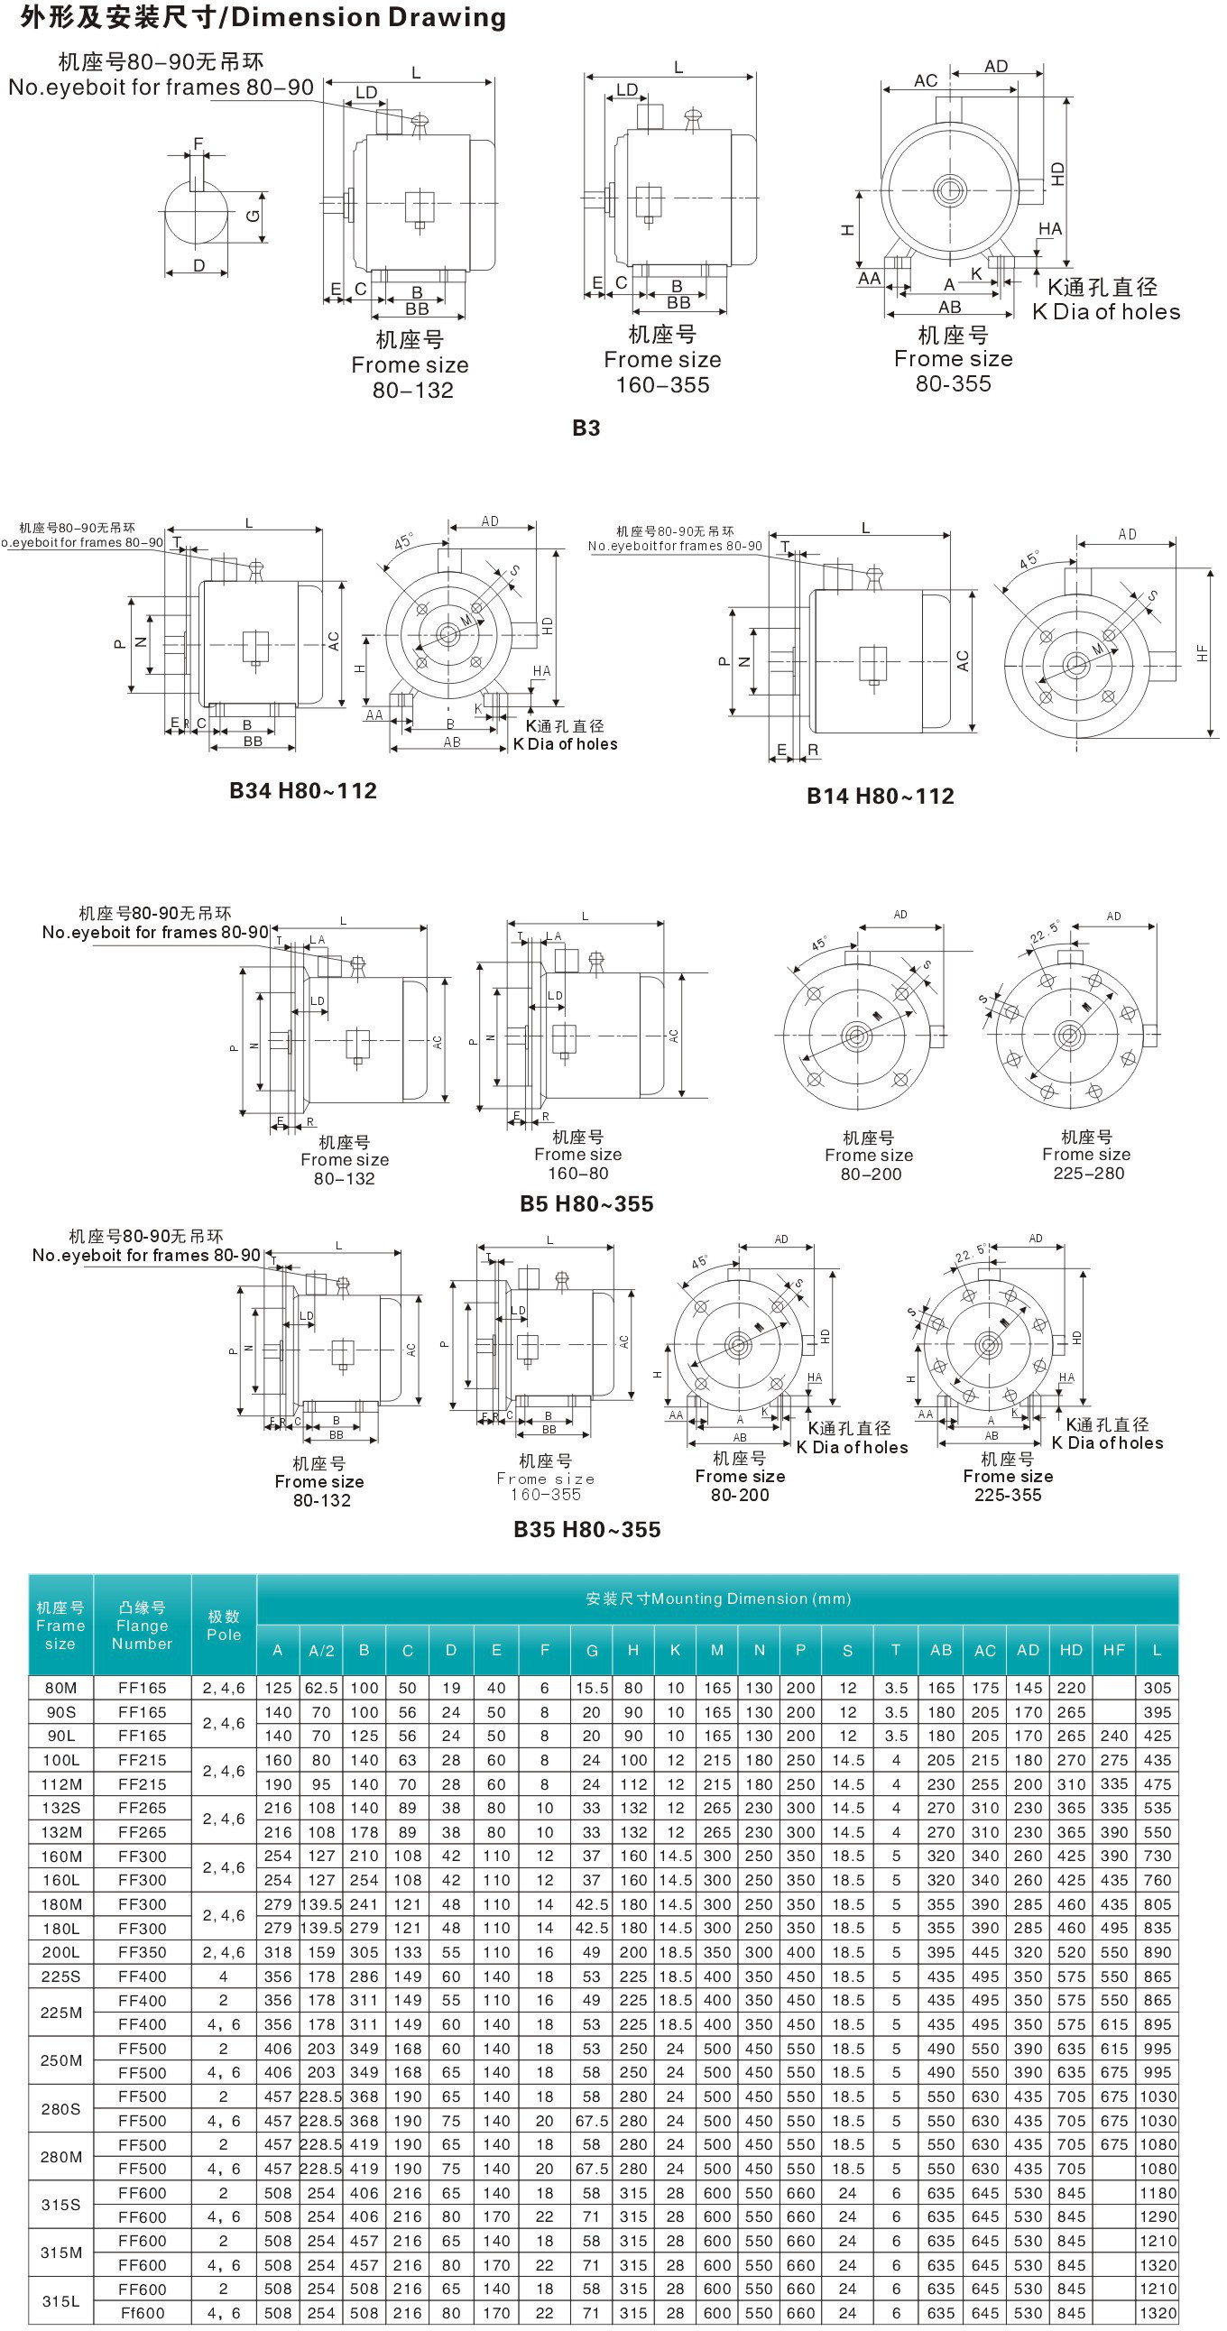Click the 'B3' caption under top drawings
coord(586,428)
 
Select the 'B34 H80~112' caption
coord(302,791)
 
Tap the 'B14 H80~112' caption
coord(880,797)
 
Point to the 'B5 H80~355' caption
coord(586,1203)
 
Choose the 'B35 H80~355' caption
coord(586,1529)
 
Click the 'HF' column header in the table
coord(1113,1650)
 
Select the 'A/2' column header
coord(321,1651)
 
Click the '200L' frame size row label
coord(60,1952)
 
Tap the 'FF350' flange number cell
coord(142,1952)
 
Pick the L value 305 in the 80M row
coord(1157,1688)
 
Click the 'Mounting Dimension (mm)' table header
coord(717,1599)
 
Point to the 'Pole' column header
coord(224,1626)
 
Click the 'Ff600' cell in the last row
coord(142,2312)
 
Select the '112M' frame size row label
coord(60,1783)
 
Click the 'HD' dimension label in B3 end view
coord(1056,173)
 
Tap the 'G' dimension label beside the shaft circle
coord(254,216)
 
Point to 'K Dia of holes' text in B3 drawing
coord(1106,312)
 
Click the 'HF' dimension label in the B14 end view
coord(1202,652)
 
